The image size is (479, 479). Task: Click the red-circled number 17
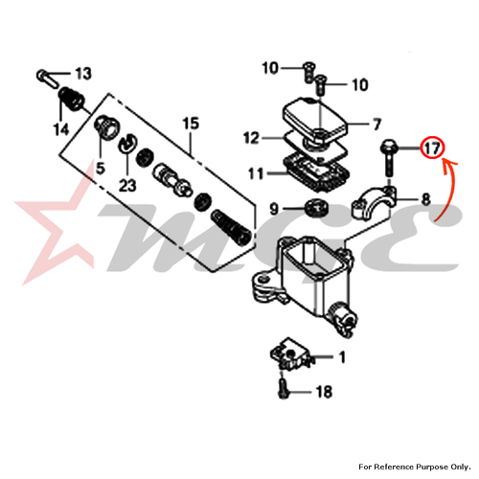(x=432, y=148)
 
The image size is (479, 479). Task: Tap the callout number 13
(x=83, y=74)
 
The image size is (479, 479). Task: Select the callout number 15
(x=191, y=124)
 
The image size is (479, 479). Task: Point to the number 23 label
(x=127, y=186)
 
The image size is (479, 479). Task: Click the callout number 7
(x=376, y=124)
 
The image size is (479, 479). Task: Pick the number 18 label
(x=324, y=392)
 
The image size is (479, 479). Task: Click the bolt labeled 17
(x=388, y=157)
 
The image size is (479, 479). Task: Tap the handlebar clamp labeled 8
(x=375, y=203)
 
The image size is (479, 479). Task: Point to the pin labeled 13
(x=47, y=78)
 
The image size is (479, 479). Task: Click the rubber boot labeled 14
(x=71, y=98)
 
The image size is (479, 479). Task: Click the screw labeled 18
(x=283, y=389)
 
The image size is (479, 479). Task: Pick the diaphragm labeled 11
(x=315, y=172)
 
